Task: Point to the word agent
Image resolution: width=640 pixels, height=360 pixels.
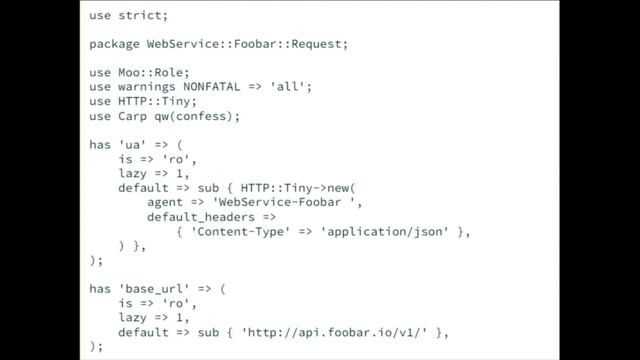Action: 168,203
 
